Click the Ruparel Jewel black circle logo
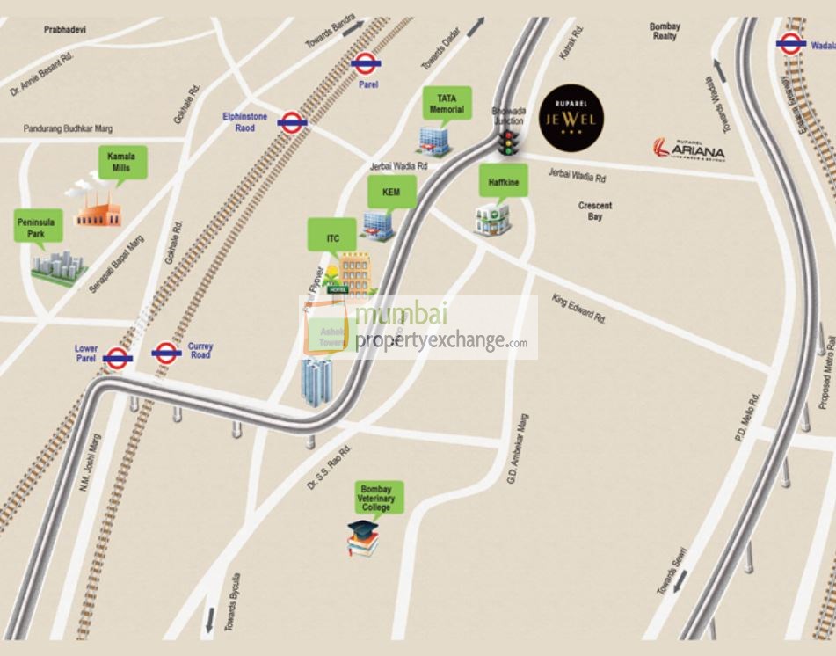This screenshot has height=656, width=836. tap(574, 118)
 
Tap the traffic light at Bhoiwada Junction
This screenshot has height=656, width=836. tap(507, 143)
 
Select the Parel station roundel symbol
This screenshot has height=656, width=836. tap(363, 62)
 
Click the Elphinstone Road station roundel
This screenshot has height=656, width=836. tap(292, 122)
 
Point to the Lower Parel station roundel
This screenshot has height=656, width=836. tap(117, 357)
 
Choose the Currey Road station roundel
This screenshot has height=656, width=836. tap(166, 353)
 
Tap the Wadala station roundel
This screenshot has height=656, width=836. tap(789, 42)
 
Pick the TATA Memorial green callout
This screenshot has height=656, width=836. tap(447, 104)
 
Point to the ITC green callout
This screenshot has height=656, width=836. tap(332, 237)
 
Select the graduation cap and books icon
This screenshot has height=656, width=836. tap(363, 537)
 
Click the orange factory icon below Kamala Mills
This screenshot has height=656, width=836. tap(97, 207)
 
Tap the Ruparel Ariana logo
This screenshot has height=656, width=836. tap(690, 149)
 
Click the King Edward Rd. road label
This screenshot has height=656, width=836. tap(578, 310)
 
